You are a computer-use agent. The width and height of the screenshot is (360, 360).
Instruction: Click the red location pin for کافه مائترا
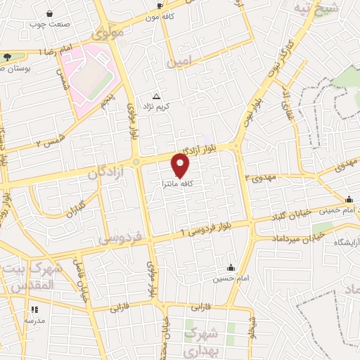tap(181, 166)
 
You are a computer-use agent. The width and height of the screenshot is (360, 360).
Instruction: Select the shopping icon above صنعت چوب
tap(49, 13)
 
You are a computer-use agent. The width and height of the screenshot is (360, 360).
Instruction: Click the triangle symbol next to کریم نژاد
tap(156, 97)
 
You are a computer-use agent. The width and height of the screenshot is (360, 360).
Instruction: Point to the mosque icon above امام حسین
tap(231, 268)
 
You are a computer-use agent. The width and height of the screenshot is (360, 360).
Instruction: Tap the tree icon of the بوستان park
tap(7, 57)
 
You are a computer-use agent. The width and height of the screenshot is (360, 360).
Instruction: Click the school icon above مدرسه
tap(34, 309)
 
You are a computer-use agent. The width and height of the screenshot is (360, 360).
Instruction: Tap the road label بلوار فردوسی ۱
tap(211, 229)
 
